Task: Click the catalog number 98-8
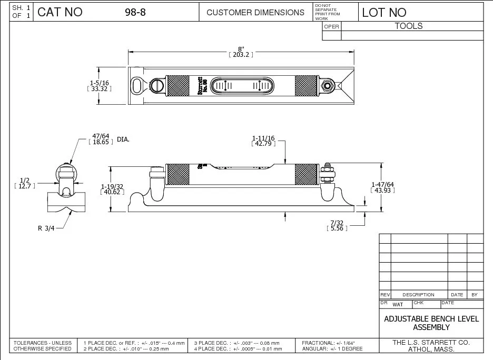[x=135, y=13]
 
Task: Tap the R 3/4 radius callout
[x=47, y=228]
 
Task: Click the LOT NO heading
[x=384, y=13]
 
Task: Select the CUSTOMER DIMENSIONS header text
[x=255, y=13]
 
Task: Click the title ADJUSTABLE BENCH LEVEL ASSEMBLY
[x=431, y=323]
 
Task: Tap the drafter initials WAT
[x=398, y=305]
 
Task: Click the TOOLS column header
[x=409, y=26]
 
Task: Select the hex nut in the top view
[x=328, y=85]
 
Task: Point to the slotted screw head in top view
[x=158, y=85]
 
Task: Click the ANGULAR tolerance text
[x=332, y=348]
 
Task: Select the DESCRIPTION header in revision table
[x=418, y=295]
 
